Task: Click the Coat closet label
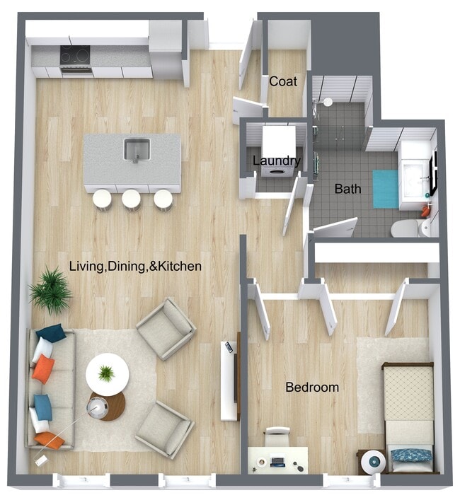pos(282,81)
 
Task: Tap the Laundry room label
pos(277,161)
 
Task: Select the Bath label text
pos(347,189)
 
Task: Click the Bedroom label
pos(311,388)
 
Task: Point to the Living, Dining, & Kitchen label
pos(135,267)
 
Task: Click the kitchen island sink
pos(137,150)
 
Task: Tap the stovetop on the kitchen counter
pos(76,55)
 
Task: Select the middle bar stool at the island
pos(131,199)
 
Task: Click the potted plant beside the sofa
pos(50,290)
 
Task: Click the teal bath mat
pos(386,189)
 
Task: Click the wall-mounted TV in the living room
pos(229,380)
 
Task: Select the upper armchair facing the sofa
pos(166,328)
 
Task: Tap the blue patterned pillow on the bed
pos(410,455)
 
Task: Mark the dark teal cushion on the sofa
pos(50,332)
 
